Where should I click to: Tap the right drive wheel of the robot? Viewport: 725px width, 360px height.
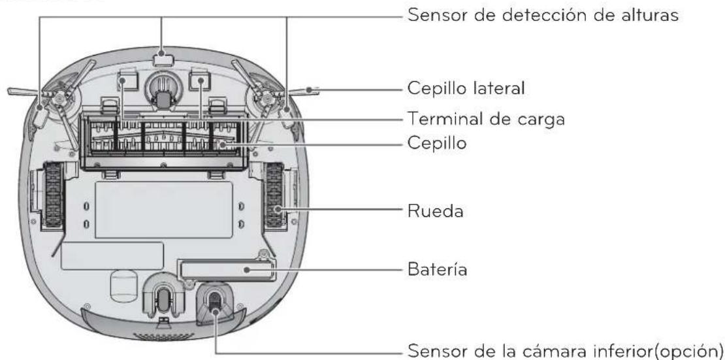click(276, 195)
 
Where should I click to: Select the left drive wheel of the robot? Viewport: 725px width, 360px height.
click(51, 195)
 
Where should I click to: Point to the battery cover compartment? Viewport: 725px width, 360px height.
click(225, 270)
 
